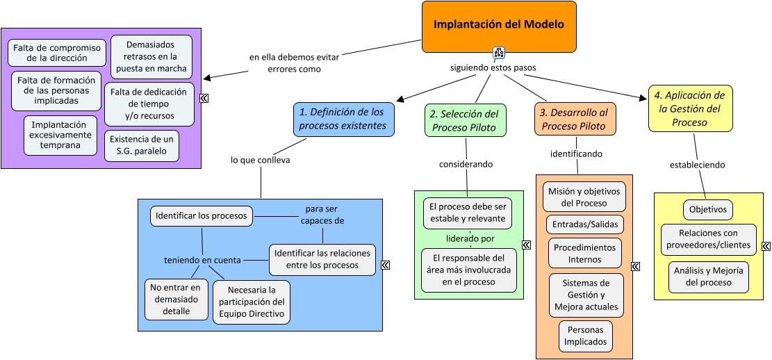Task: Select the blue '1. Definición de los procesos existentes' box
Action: (x=343, y=119)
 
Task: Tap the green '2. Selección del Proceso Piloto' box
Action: (x=465, y=120)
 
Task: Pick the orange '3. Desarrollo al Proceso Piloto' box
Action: (x=575, y=119)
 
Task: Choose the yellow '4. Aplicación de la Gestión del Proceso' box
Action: (x=690, y=108)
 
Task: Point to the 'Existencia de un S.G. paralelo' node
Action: (x=141, y=145)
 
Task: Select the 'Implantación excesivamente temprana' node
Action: (x=60, y=135)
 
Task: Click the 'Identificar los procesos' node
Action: (x=201, y=216)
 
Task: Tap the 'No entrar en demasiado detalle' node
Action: (x=176, y=299)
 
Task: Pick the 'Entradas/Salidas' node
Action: (x=584, y=225)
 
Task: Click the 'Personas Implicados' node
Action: (x=585, y=336)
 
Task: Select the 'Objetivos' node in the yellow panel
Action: (x=707, y=209)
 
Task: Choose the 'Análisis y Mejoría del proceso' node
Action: (x=708, y=277)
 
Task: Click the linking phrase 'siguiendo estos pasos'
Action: (x=493, y=68)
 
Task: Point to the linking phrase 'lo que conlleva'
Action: (x=261, y=160)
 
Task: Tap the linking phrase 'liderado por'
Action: (x=470, y=238)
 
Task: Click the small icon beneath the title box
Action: (x=498, y=53)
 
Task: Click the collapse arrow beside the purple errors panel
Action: (x=204, y=99)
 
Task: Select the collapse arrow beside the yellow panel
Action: (x=766, y=246)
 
